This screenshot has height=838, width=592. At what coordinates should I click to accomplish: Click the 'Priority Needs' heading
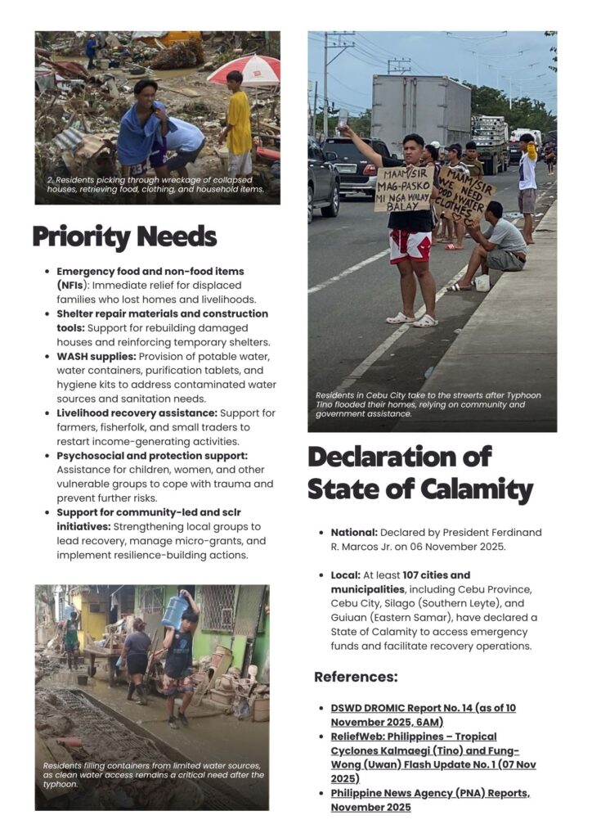(124, 237)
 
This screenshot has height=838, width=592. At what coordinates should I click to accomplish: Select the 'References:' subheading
(356, 677)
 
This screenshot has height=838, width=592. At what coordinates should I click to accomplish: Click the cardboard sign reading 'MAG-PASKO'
(404, 190)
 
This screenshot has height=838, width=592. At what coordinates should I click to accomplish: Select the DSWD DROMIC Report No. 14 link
(423, 714)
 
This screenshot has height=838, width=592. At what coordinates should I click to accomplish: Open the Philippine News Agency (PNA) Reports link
(418, 800)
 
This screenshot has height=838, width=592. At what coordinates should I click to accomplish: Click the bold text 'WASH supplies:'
(96, 357)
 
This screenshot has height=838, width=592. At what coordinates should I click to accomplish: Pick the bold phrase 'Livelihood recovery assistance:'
(137, 413)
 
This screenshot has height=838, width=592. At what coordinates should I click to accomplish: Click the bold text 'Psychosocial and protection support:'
(151, 455)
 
